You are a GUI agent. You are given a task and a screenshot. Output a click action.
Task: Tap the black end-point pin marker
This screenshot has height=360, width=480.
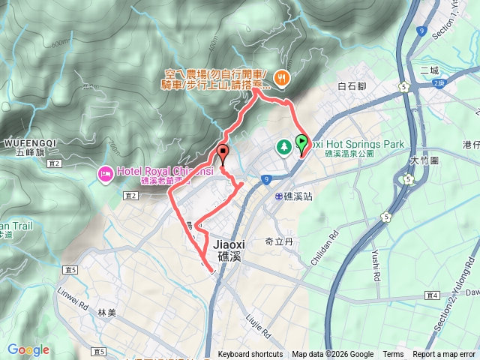tap(223, 154)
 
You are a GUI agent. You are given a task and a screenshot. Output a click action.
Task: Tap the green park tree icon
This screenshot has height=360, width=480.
tap(285, 145)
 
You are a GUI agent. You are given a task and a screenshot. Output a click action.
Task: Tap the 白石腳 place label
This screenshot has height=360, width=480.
tap(351, 86)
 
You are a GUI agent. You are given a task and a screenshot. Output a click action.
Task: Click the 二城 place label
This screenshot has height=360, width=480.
tap(430, 70)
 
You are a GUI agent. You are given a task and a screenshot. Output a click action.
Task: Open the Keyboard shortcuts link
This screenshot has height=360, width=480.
tap(250, 355)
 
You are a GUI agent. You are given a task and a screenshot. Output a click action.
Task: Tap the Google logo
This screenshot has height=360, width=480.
tap(28, 349)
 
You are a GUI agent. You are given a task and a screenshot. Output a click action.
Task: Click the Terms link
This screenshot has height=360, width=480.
tap(393, 355)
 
